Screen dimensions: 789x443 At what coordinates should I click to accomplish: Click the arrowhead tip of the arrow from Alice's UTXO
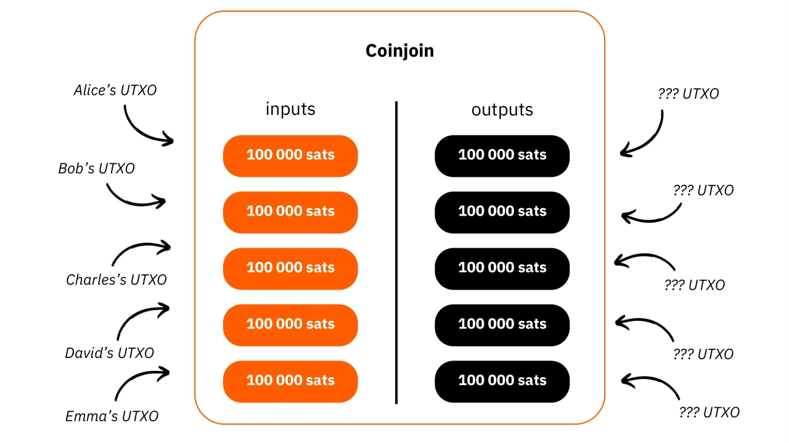pos(174,141)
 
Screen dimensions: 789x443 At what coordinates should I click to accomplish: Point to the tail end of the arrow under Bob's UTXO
pos(107,184)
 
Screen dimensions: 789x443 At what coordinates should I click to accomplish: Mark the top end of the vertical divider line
pos(396,102)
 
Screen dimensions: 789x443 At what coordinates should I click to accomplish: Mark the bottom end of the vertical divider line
pos(396,404)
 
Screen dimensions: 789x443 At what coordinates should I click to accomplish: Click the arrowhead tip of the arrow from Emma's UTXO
pos(170,372)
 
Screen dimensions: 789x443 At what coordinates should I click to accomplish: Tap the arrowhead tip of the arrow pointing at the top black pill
pos(621,153)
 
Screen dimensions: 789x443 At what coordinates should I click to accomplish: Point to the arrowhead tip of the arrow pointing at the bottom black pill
pos(621,380)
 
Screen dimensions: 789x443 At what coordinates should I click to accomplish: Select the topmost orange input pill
pos(290,156)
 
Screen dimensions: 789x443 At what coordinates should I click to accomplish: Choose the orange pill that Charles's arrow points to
pos(290,269)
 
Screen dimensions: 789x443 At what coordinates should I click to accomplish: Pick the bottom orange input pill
pos(290,381)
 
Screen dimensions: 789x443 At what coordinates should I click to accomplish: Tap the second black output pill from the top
pos(502,213)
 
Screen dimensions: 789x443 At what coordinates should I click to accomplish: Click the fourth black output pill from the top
pos(502,325)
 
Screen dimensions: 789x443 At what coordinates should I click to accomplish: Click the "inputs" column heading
pos(290,109)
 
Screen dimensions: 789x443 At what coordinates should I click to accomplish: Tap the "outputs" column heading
pos(502,110)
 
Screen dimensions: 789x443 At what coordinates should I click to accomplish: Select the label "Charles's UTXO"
pos(117,280)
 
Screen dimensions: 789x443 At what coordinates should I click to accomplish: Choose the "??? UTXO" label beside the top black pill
pos(689,94)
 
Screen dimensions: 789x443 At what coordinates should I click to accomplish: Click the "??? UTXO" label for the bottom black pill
pos(709,412)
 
